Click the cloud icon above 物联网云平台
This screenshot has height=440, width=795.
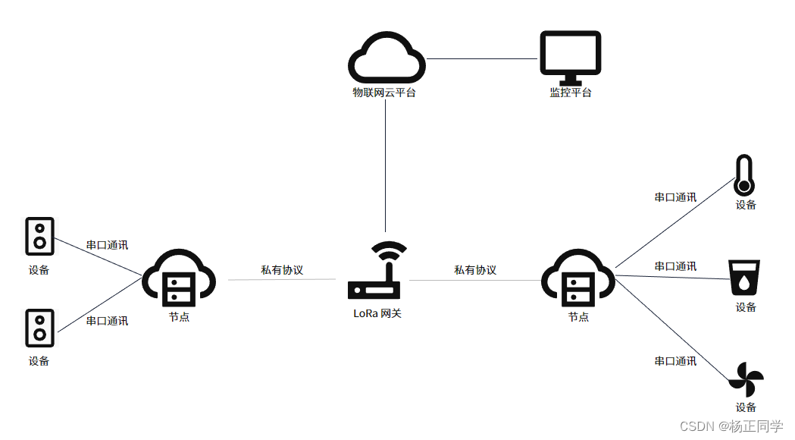385,59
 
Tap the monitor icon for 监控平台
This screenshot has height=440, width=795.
570,57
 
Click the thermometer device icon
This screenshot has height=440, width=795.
744,175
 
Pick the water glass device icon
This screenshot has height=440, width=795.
744,278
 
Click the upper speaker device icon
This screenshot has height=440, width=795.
39,236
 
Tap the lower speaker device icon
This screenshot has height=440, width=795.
39,327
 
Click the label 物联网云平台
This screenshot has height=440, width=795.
384,93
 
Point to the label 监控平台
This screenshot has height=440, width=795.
570,93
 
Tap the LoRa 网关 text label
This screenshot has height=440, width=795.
377,313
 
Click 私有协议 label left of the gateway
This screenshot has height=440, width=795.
282,269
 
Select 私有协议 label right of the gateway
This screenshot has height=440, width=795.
475,269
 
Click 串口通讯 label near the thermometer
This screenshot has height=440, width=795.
675,196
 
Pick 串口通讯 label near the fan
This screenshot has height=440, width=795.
675,361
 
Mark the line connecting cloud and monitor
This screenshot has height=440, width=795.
482,58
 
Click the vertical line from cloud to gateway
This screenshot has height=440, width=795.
385,167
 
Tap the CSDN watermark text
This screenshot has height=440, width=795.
731,426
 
